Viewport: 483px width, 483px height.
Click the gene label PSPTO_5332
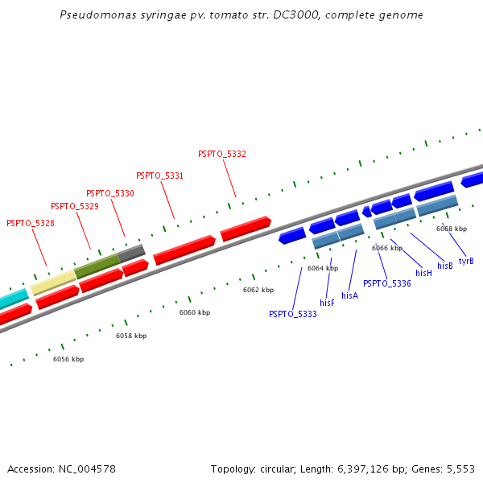point(222,154)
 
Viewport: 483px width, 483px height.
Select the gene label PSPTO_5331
point(159,175)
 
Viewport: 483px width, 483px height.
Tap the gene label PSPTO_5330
point(110,193)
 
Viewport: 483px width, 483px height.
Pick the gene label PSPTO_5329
point(75,207)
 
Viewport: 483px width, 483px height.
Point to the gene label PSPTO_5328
point(31,223)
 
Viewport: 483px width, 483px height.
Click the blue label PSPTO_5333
point(293,314)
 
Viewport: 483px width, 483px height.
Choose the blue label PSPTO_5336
point(387,283)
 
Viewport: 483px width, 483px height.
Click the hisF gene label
point(327,303)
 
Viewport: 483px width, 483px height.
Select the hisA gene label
point(349,295)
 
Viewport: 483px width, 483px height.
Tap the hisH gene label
point(424,273)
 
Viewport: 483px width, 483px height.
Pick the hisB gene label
point(445,266)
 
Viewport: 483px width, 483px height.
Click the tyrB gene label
point(466,261)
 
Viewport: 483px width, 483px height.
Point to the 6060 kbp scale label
point(195,312)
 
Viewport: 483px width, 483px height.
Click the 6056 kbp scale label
point(68,359)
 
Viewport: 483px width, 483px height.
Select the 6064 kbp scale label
point(323,268)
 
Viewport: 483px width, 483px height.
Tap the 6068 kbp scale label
point(452,229)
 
